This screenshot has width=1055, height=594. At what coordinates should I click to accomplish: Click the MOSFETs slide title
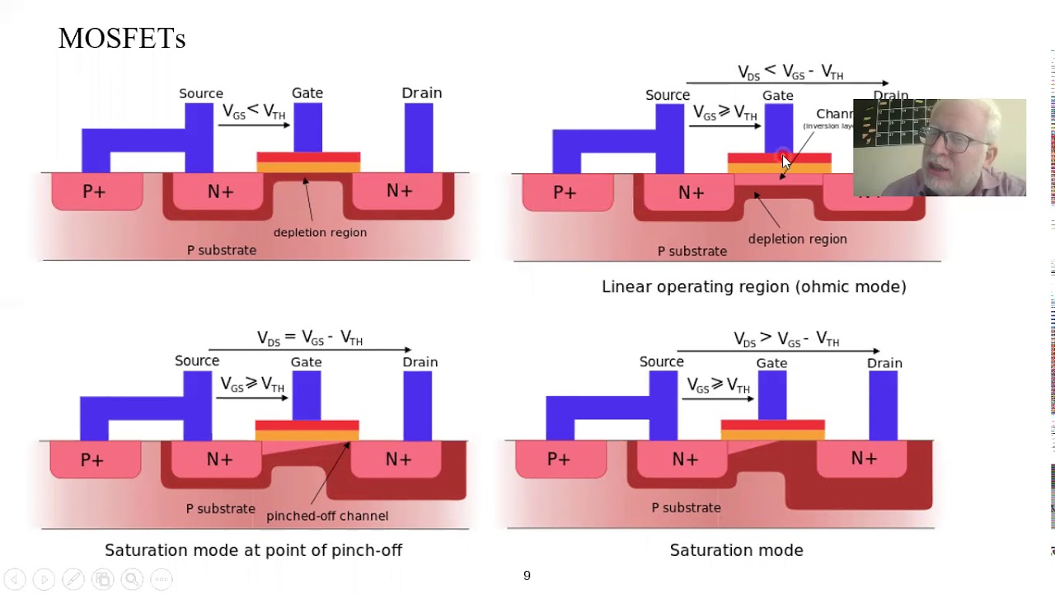coord(122,38)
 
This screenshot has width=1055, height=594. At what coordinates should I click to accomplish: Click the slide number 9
coord(527,576)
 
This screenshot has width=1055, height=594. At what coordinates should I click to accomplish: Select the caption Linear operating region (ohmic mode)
coord(753,287)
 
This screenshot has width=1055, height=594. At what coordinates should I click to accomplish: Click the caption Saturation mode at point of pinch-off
coord(253,550)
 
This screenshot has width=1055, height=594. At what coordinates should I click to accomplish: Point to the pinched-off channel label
coord(327,516)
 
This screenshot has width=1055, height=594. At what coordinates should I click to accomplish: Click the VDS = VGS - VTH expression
coord(310,338)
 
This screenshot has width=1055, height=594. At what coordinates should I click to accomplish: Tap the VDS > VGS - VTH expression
coord(786,339)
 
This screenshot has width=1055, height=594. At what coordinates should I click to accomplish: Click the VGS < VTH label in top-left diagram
coord(253,111)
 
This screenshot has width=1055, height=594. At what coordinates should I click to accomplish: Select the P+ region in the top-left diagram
coord(95,192)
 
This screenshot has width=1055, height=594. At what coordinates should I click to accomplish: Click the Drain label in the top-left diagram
coord(421,93)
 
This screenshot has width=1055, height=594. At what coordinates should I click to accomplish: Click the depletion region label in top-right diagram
coord(797,239)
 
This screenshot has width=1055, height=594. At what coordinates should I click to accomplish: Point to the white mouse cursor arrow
coord(785,163)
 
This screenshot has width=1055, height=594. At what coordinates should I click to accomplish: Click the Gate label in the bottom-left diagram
coord(306,362)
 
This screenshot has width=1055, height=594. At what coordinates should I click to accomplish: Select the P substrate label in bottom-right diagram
coord(686,507)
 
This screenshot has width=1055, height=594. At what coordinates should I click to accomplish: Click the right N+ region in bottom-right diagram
coord(864,459)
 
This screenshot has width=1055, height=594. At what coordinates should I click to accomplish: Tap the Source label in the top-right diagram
coord(668,96)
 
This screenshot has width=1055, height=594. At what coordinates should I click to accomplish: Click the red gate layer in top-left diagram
coord(308,157)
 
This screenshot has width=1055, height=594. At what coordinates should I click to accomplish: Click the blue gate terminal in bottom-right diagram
coord(772,395)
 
